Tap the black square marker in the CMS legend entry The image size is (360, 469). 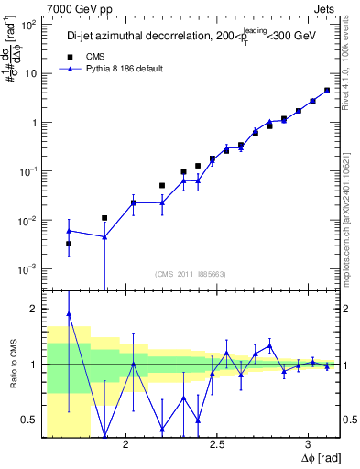point(69,57)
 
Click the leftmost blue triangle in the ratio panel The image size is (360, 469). point(69,314)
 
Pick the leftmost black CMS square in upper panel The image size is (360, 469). point(69,244)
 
